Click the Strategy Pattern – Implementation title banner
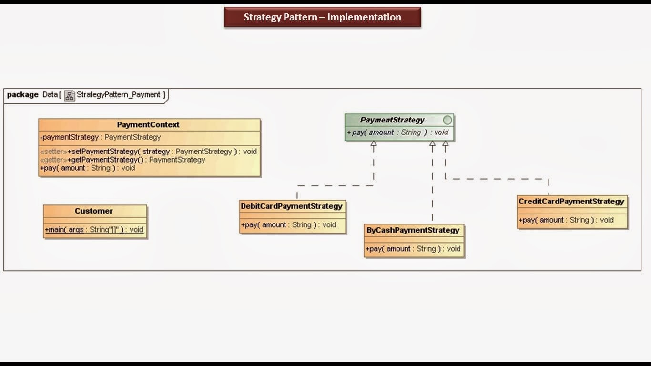(323, 17)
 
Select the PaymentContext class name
(148, 125)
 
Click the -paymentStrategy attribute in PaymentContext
(101, 137)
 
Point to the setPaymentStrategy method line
(149, 152)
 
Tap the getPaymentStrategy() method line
(123, 160)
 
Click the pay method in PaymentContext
(88, 168)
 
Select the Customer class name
(94, 211)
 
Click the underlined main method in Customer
(94, 230)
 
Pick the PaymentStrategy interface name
(392, 120)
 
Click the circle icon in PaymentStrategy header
(448, 120)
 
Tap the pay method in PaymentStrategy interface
(397, 132)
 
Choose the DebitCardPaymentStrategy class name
(292, 206)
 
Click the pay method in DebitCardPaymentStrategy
(288, 225)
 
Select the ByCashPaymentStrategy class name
(413, 230)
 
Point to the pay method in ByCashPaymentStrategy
(413, 249)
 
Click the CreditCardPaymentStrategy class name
(571, 202)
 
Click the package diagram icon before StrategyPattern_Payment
(70, 95)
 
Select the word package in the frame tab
(23, 95)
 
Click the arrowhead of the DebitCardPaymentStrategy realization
(374, 143)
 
